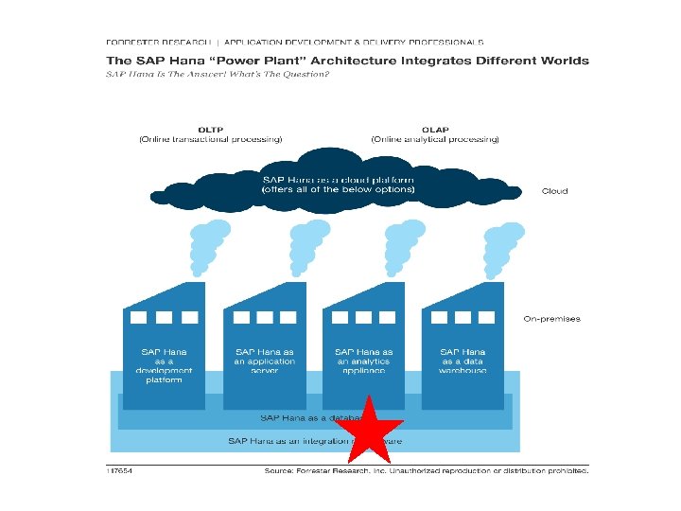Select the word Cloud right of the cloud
[x=554, y=191]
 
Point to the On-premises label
[x=551, y=319]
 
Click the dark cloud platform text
[x=338, y=185]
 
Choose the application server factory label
[x=265, y=361]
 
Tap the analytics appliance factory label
[x=364, y=361]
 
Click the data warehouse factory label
[x=463, y=361]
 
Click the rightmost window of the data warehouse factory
[x=487, y=317]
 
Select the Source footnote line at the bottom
[x=426, y=470]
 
